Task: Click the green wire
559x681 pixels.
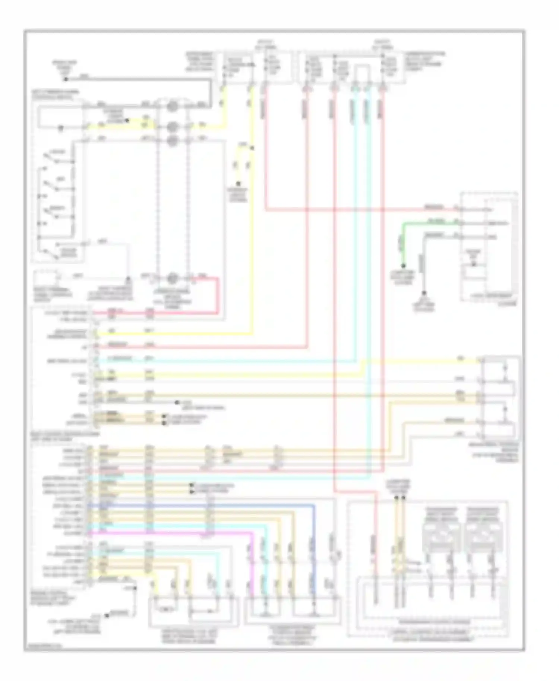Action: tap(429, 224)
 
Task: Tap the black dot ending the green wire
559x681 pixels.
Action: tap(402, 266)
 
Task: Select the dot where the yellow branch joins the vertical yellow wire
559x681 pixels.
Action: tap(252, 148)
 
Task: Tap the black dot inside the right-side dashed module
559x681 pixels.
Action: tap(474, 265)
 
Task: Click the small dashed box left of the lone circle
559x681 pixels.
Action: tap(46, 279)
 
